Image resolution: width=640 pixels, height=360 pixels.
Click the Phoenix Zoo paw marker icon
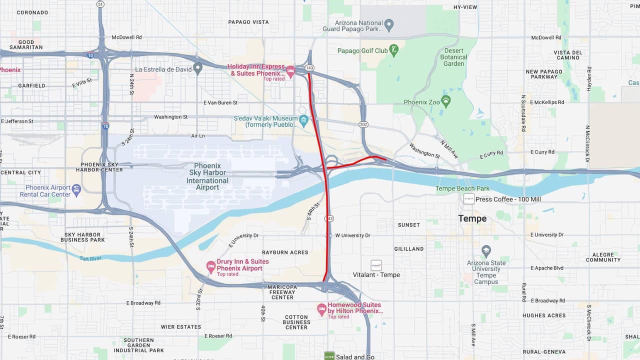pos(446,101)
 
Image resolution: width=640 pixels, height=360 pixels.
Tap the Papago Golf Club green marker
pos(394,50)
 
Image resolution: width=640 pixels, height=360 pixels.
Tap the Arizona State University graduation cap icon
pos(486,251)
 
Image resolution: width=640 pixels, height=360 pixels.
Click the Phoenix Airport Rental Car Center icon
pos(76,190)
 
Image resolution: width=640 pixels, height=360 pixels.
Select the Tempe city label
pos(472,218)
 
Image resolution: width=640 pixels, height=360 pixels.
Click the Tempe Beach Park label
pos(462,188)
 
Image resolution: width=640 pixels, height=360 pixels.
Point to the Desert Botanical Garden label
pos(453,57)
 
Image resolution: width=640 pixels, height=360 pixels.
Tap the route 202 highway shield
pos(363,123)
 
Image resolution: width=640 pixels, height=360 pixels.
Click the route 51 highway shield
pos(100,4)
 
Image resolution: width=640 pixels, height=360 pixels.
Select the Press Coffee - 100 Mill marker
pos(468,199)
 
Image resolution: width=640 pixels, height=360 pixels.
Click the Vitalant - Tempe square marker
pos(376,265)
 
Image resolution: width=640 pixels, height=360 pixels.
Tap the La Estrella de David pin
pos(197,68)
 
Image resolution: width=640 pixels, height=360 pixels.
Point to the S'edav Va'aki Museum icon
pos(303,120)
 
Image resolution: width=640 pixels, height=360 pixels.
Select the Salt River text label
pos(90,258)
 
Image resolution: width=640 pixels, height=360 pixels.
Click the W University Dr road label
pos(352,235)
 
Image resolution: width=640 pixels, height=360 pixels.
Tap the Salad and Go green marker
pos(328,356)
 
